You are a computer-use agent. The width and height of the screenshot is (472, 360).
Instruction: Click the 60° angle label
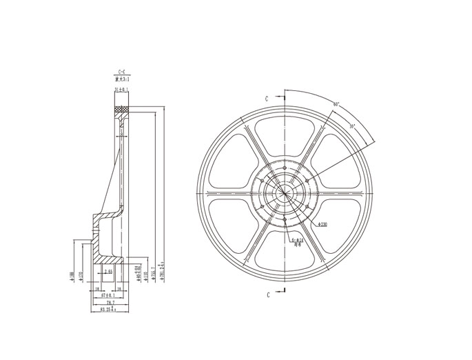pos(336,104)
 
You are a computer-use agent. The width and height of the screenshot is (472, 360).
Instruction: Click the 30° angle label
pos(352,126)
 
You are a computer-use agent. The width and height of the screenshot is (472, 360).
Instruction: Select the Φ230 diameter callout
pos(322,225)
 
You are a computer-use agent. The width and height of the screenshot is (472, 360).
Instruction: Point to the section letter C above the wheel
pos(267,99)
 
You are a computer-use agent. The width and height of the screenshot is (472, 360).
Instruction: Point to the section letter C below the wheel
pos(267,294)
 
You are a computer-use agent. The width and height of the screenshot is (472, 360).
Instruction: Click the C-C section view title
pos(121,72)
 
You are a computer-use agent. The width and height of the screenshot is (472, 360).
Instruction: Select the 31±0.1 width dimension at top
pos(121,90)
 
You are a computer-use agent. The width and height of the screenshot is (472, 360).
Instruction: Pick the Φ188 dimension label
pos(72,277)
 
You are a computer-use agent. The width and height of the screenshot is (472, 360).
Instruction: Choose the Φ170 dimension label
pos(81,277)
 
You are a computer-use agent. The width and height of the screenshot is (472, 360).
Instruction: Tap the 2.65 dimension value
pos(109,272)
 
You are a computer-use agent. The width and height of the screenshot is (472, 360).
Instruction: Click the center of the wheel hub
pos(284,193)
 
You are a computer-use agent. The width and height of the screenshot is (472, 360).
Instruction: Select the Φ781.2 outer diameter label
pos(162,272)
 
